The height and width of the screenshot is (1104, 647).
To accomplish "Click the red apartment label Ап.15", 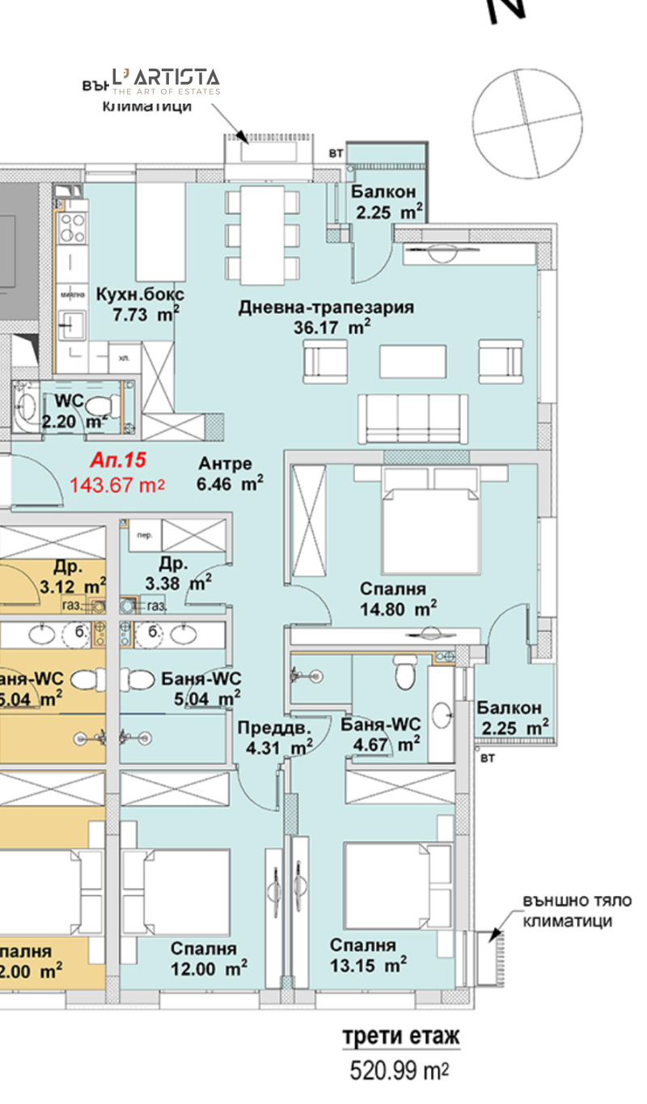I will [x=118, y=461].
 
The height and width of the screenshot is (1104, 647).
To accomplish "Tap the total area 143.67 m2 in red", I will [x=118, y=486].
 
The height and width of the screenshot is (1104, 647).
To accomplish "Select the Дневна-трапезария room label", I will [x=326, y=308].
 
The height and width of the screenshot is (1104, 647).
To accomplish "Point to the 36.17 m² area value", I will [x=332, y=328].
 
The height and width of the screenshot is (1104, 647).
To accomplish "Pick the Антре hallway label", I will [x=226, y=464].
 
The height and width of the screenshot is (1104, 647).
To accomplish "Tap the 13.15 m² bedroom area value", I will [x=368, y=965].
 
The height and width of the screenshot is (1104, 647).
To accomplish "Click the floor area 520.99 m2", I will [x=399, y=1072].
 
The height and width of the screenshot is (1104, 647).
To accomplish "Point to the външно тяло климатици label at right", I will [x=577, y=911].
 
